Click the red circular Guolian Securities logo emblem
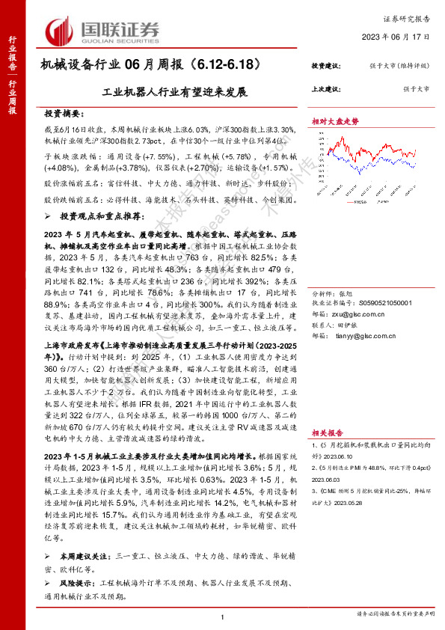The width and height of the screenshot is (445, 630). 62,29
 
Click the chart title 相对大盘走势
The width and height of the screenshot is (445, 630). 335,121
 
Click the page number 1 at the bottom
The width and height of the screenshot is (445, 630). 223,617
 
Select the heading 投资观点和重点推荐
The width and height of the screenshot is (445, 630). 98,215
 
